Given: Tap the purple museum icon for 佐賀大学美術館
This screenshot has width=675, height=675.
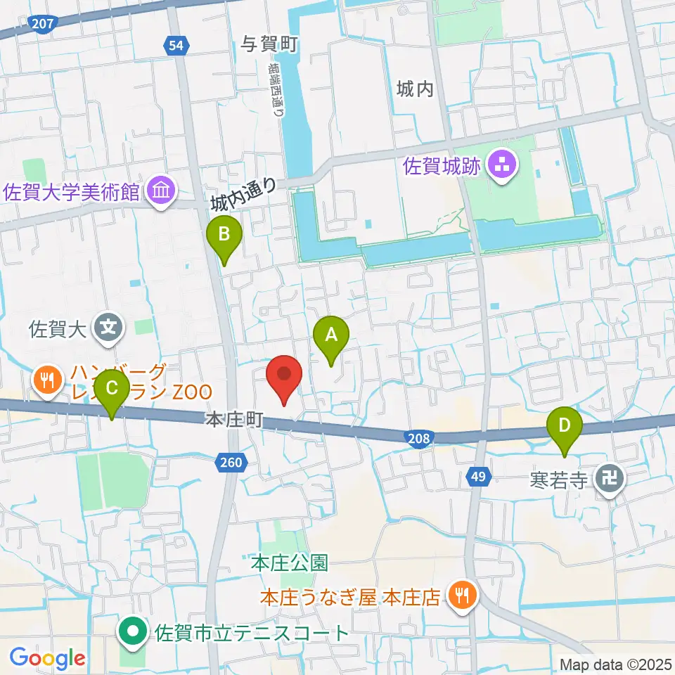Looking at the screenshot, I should (162, 191).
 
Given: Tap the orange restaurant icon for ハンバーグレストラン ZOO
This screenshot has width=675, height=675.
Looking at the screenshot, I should (47, 380).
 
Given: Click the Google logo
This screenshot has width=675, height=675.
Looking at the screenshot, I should (48, 659).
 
